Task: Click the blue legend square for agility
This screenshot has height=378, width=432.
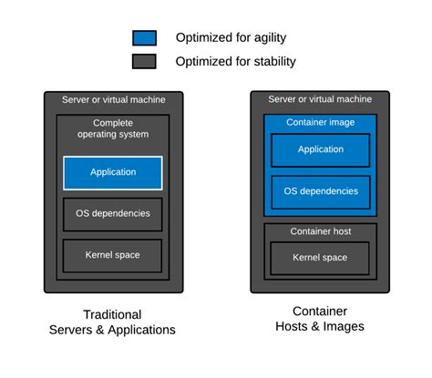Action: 144,37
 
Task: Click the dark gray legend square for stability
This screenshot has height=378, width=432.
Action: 144,61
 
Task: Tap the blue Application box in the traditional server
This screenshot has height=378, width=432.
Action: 113,172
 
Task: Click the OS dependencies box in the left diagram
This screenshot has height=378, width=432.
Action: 113,214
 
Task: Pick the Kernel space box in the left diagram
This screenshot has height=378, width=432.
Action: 113,255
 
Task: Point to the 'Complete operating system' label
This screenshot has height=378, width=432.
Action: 113,128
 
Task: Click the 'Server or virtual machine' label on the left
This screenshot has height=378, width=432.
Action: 113,99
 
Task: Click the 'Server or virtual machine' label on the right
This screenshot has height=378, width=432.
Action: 320,99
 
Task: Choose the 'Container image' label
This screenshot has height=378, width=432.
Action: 320,122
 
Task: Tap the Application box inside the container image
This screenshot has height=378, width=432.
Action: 320,150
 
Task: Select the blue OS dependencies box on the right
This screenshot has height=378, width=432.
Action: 320,191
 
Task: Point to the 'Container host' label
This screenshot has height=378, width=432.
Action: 320,231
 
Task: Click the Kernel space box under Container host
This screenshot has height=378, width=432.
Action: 320,258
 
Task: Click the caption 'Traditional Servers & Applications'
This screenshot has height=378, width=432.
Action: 112,322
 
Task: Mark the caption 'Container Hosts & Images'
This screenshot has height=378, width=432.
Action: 320,318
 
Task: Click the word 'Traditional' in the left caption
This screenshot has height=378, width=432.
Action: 112,313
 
